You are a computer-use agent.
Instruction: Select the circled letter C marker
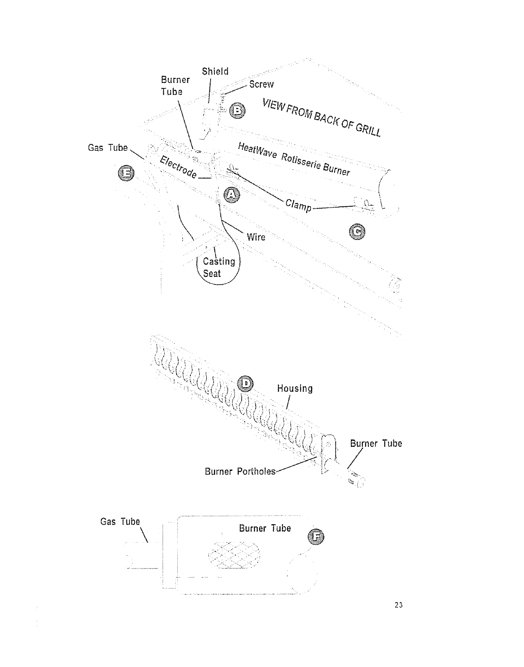pos(357,232)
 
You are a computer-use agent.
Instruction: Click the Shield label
pos(215,71)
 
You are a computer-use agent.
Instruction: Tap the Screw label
pos(261,84)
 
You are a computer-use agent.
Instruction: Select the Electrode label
pos(178,167)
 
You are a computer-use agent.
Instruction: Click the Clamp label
pos(298,205)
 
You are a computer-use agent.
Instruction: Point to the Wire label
pos(256,237)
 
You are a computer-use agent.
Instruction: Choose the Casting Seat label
pos(218,267)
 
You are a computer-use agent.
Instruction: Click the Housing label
pos(295,388)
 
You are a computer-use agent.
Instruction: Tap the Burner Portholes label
pos(240,472)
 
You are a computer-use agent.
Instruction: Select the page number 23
pos(399,606)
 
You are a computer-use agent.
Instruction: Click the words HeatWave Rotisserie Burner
pos(294,159)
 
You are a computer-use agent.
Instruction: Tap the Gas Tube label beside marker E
pos(107,148)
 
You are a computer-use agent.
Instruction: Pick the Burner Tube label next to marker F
pos(265,528)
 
